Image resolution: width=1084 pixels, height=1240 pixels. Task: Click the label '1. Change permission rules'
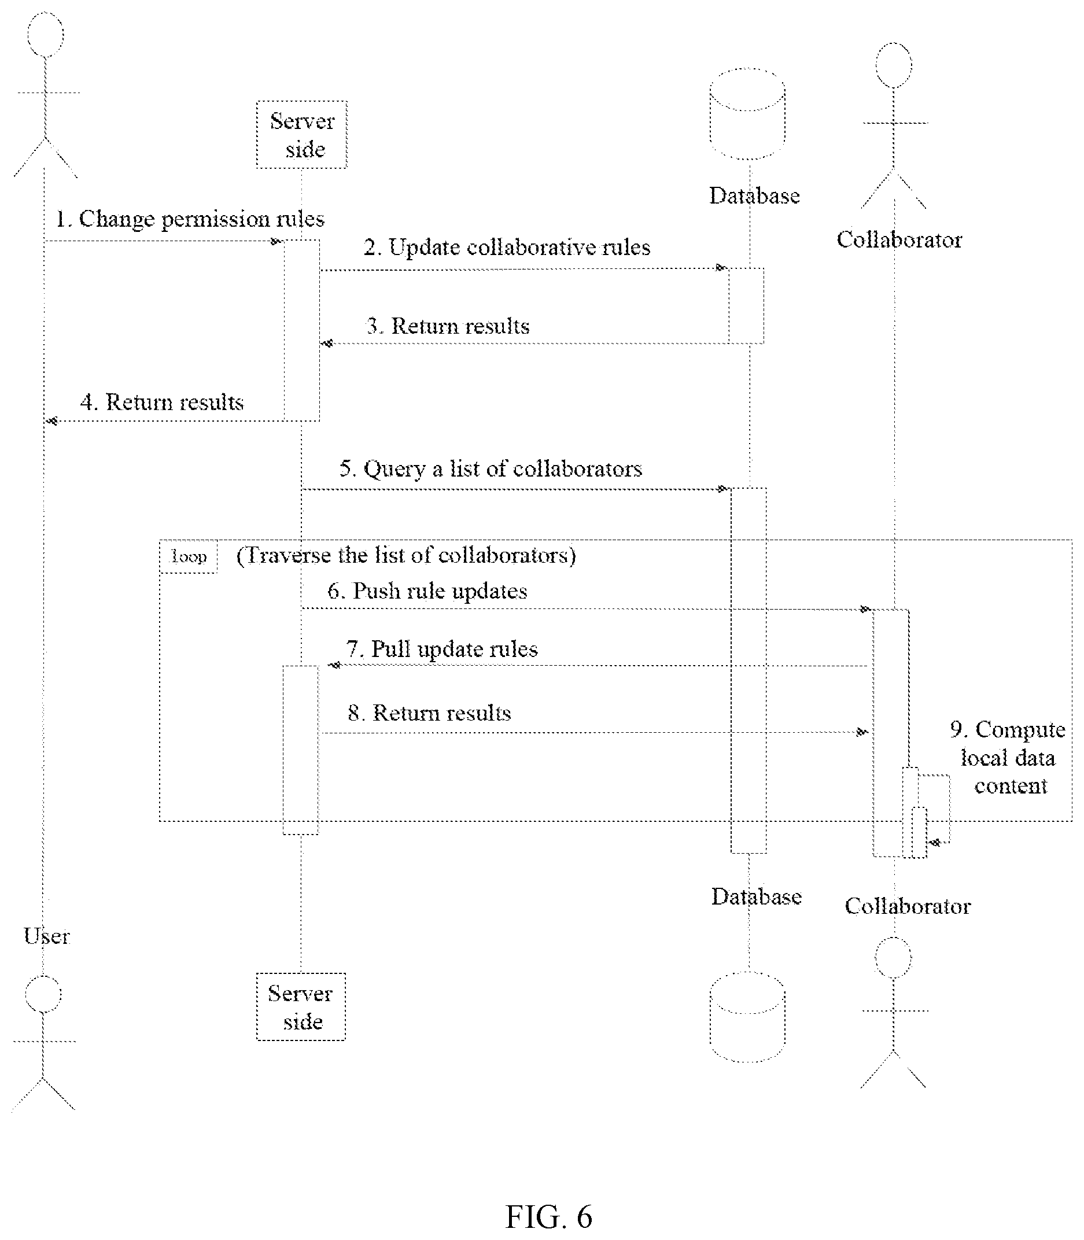pos(190,219)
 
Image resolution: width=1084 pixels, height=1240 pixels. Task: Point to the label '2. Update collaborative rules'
pos(507,248)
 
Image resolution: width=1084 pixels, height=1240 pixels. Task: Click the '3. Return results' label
pos(448,326)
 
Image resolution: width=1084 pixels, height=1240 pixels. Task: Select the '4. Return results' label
pos(162,402)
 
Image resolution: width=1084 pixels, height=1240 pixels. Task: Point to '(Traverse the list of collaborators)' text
pos(406,555)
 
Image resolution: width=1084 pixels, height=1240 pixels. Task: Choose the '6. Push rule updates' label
pos(427,591)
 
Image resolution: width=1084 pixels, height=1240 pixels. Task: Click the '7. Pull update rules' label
pos(441,649)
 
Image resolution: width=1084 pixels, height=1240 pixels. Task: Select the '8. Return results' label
pos(429,713)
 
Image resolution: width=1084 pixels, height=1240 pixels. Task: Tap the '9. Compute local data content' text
pos(1008,758)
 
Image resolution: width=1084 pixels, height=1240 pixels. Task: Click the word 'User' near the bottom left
pos(47,936)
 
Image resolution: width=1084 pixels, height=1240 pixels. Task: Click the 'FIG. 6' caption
pos(549,1216)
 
